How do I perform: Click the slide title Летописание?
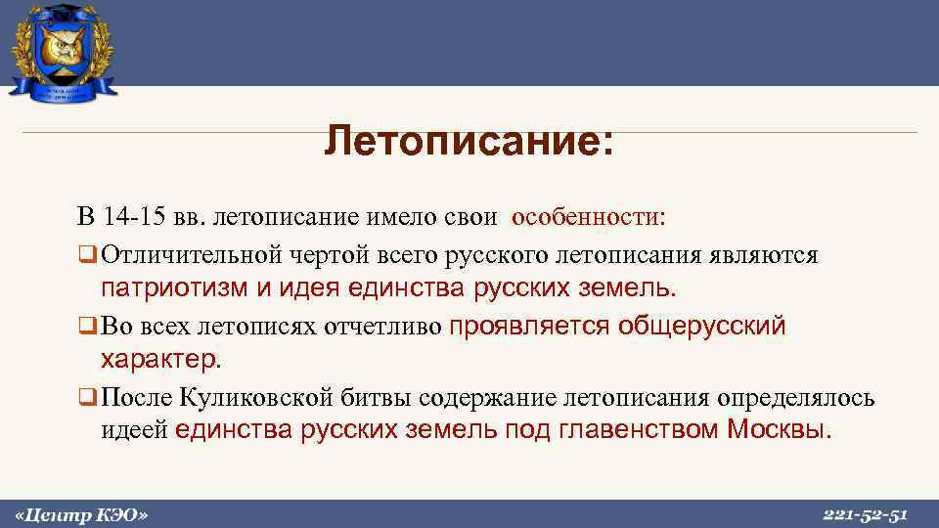point(469,142)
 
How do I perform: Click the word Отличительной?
point(187,255)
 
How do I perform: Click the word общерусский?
point(702,326)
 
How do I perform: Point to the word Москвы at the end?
point(779,431)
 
